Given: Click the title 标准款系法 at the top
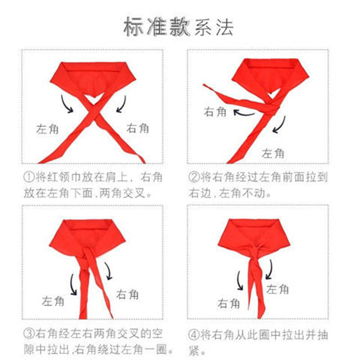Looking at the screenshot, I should (x=179, y=28).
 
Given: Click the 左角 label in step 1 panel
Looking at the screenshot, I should (x=47, y=129).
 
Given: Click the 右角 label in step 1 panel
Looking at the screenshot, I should (x=137, y=128).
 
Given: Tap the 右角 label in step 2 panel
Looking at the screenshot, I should (x=216, y=111).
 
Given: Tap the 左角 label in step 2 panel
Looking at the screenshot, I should (x=273, y=153).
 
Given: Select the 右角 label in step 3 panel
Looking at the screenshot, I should (x=128, y=295).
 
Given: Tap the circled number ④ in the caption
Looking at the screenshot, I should (x=193, y=334).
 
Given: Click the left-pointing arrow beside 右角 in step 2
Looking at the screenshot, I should (x=243, y=113).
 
